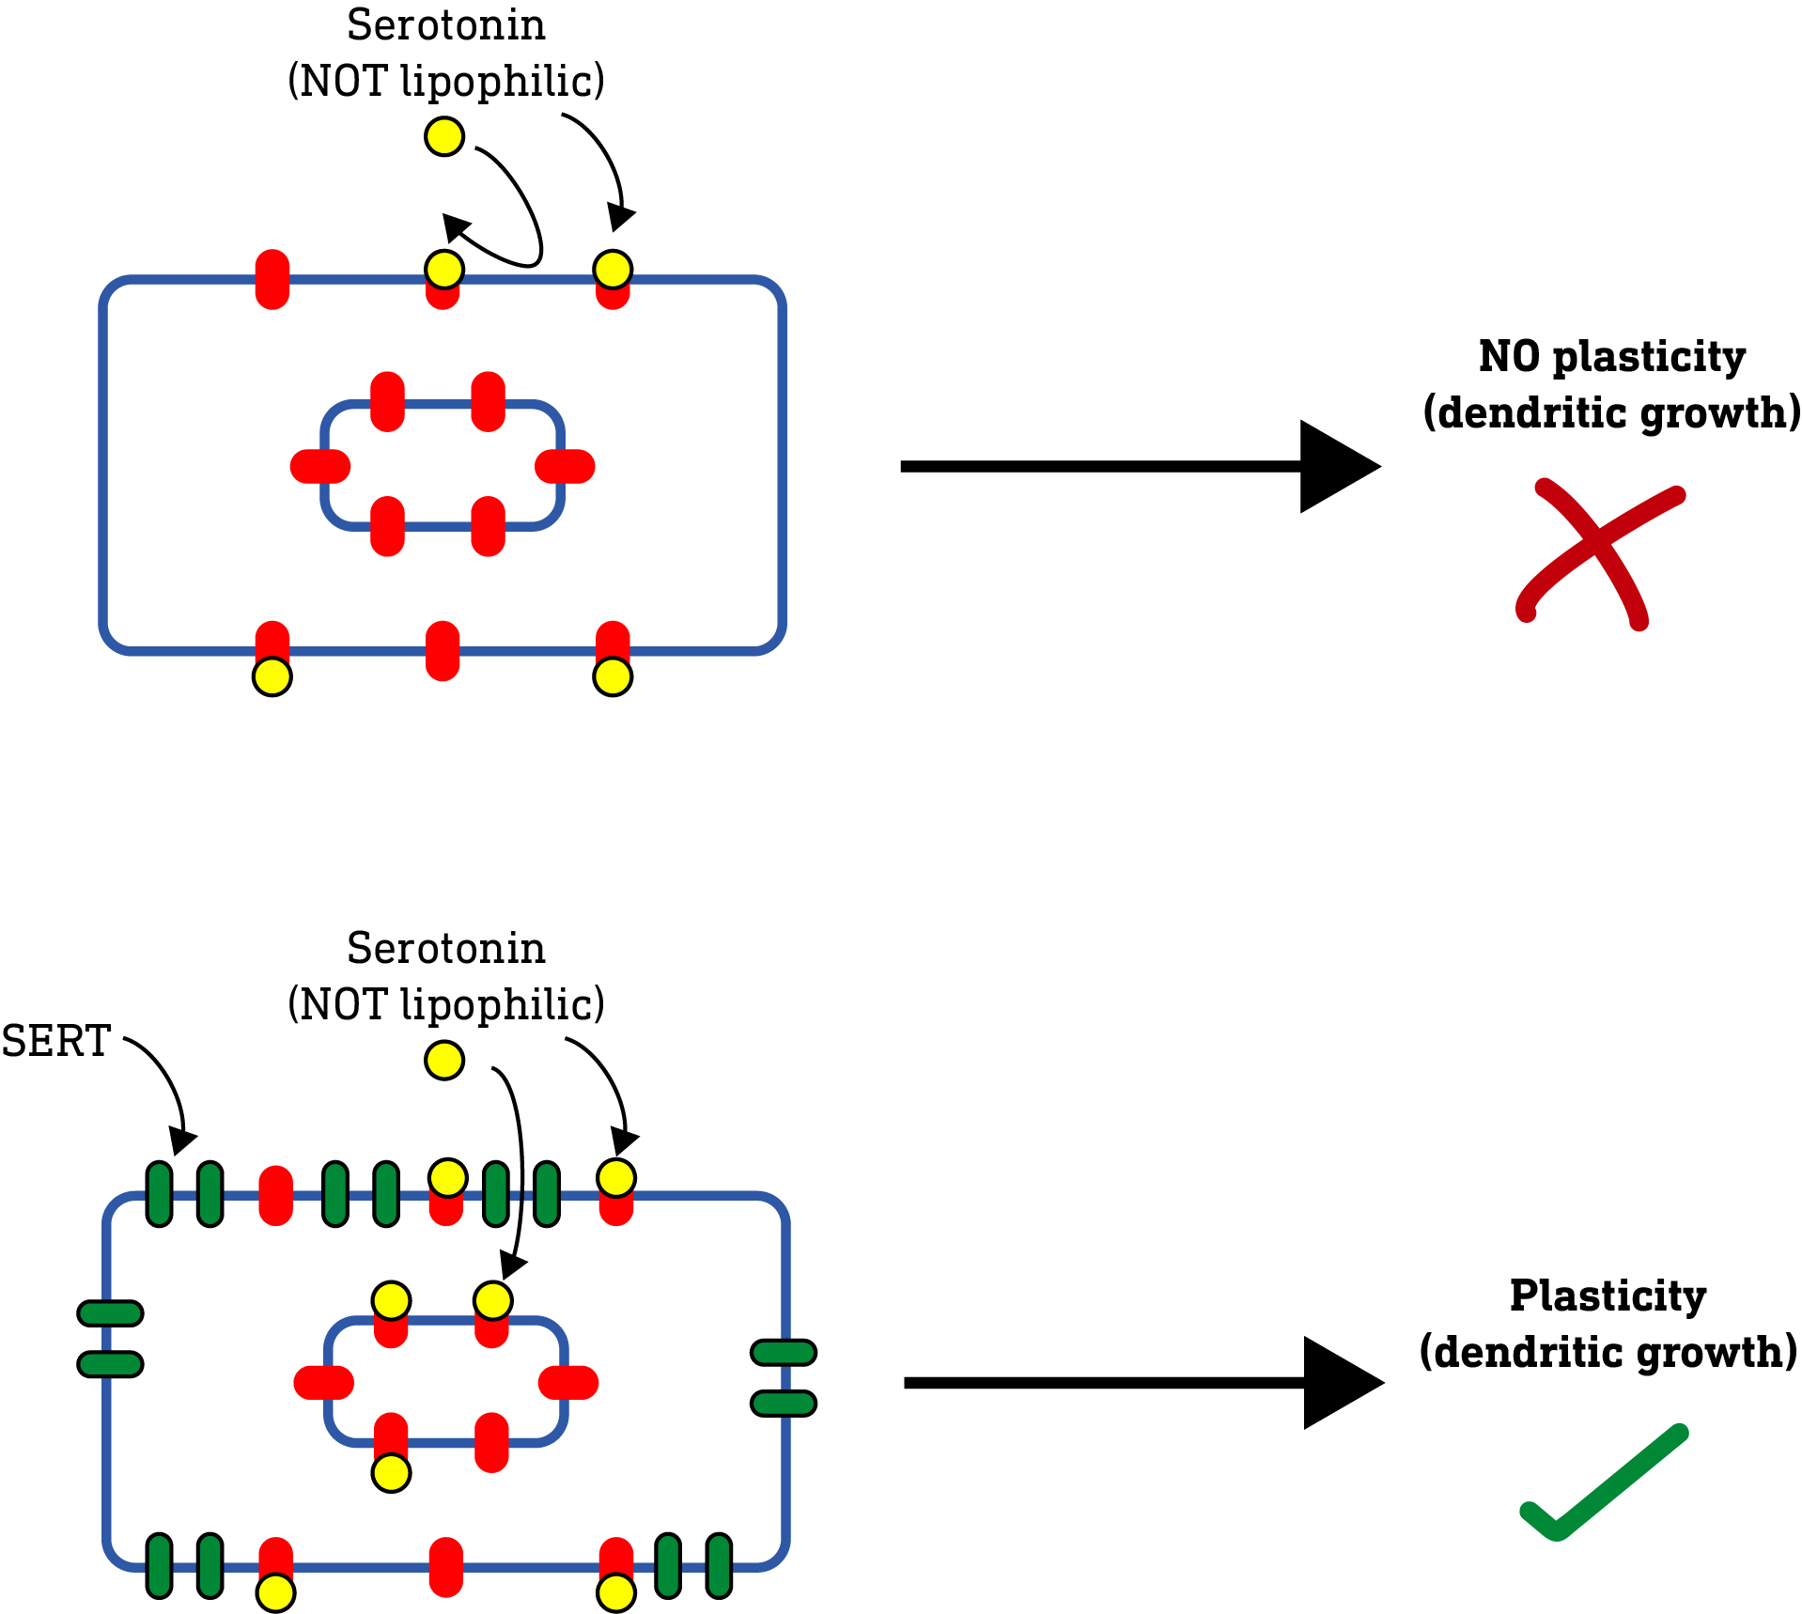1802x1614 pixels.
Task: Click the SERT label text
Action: [55, 1041]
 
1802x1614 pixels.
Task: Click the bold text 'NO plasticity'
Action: [1611, 357]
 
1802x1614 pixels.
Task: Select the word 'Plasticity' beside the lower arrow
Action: [1608, 1296]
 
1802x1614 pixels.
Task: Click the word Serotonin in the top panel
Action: [445, 25]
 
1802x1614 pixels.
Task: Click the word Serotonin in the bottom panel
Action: [445, 949]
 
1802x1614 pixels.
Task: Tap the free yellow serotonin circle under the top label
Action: [443, 136]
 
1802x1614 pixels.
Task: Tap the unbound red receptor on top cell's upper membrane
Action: [272, 279]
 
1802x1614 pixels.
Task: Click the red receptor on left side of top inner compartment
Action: [320, 466]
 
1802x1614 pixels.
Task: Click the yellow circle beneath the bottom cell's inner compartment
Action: [391, 1473]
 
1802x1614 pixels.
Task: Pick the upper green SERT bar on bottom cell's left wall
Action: [110, 1312]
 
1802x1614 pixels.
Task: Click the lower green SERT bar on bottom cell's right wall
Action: [784, 1404]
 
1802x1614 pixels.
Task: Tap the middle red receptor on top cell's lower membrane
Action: [443, 650]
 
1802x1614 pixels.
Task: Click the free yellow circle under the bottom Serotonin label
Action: [443, 1060]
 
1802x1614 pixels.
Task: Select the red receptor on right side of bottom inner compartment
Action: [568, 1383]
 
